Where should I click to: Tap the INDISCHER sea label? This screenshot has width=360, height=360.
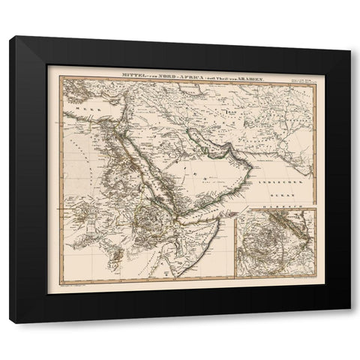click(275, 183)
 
